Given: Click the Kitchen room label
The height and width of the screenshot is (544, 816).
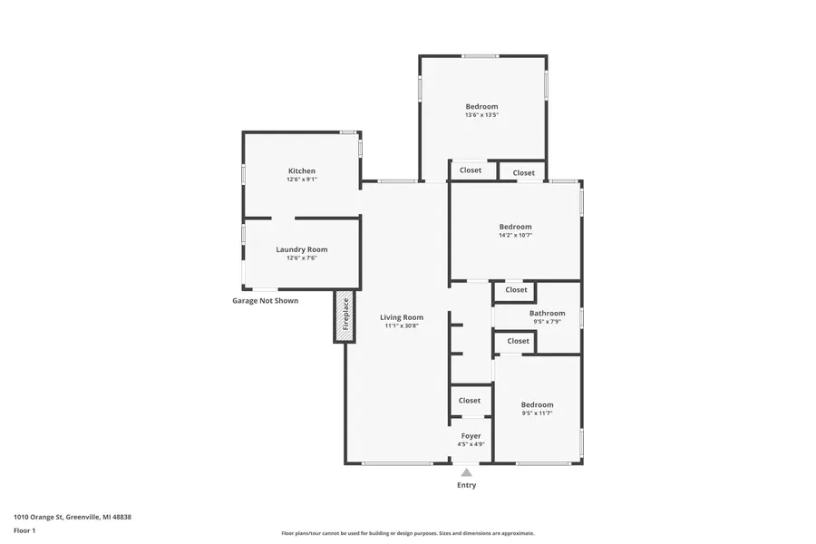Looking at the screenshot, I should click(302, 171).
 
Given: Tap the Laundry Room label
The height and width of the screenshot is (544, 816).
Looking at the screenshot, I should click(302, 249).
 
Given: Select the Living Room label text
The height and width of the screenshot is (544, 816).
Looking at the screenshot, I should click(402, 317).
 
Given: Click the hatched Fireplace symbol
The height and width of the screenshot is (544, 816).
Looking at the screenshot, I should click(345, 316).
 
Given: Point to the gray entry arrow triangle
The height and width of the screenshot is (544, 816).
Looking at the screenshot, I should click(466, 472).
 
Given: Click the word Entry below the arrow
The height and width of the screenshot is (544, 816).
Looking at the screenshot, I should click(466, 485).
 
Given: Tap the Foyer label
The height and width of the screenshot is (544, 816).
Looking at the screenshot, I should click(471, 436).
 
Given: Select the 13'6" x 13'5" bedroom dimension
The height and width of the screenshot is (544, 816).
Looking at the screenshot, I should click(481, 115).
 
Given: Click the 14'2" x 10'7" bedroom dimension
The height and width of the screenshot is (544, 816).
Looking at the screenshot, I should click(515, 235).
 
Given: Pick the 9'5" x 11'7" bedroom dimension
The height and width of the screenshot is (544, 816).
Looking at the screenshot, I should click(537, 413).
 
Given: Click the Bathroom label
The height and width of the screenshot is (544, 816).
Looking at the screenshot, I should click(547, 314).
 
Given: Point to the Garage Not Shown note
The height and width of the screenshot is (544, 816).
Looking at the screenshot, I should click(265, 301).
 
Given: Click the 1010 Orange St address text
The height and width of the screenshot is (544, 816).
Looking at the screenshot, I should click(73, 517).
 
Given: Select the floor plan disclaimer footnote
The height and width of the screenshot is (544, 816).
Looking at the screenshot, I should click(408, 533).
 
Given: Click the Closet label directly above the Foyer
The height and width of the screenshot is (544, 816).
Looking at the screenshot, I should click(470, 401).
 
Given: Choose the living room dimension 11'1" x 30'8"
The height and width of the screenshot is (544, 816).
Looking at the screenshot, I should click(402, 325).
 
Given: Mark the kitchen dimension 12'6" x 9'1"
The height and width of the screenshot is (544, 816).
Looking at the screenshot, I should click(302, 180).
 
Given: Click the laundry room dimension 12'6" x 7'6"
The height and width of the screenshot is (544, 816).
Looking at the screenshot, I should click(302, 257).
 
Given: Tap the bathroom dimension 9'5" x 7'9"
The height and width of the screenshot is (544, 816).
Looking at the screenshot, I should click(547, 322).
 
